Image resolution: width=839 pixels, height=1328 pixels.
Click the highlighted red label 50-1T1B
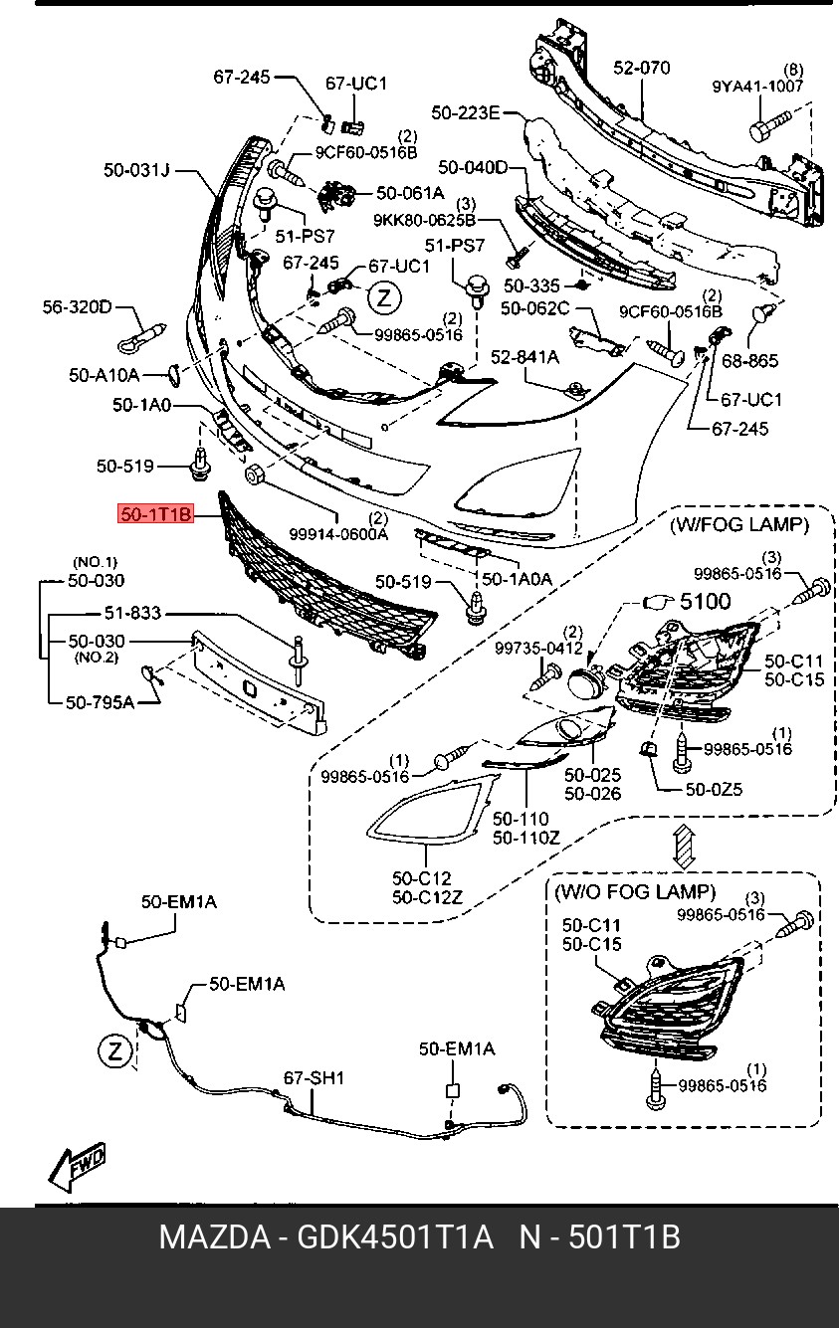coord(156,515)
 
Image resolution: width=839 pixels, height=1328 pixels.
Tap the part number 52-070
coord(641,68)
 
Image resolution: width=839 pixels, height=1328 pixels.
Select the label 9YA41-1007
coord(757,87)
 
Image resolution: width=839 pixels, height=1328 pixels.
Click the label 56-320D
coord(77,306)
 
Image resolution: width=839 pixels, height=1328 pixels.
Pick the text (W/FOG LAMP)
coord(737,523)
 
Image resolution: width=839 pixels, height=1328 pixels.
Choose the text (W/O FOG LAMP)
coord(634,891)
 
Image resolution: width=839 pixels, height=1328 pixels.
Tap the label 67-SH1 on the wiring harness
coord(314,1077)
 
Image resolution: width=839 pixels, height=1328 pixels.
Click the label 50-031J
coord(136,171)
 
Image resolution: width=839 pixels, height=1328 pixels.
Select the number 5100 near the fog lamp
coord(705,601)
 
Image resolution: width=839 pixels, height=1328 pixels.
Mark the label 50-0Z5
coord(714,790)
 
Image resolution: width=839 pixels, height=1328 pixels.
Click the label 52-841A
coord(524,356)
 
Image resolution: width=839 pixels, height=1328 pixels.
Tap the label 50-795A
coord(100,702)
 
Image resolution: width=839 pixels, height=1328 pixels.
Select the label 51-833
coord(132,614)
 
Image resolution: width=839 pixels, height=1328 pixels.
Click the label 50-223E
coord(466,113)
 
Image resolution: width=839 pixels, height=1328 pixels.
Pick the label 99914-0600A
coord(338,534)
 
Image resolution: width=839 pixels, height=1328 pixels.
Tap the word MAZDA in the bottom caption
coord(213,1238)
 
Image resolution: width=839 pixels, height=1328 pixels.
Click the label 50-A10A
coord(105,375)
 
